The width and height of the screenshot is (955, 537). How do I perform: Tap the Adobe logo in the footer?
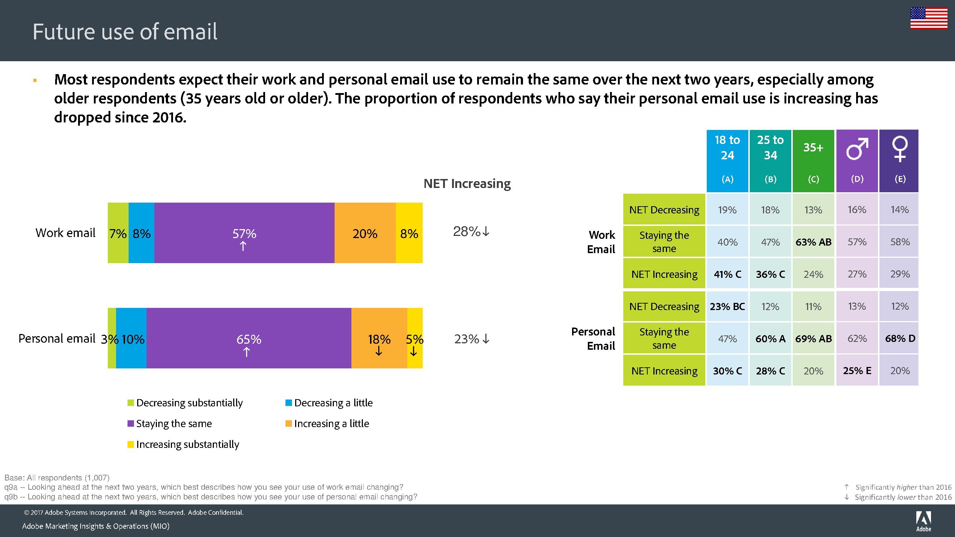[x=923, y=520]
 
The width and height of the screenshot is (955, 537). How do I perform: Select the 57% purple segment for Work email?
[x=244, y=233]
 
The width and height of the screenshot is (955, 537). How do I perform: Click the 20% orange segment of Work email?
[x=365, y=233]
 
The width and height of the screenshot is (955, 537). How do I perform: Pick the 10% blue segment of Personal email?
[x=131, y=338]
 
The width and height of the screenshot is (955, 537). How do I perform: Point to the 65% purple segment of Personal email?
[x=249, y=338]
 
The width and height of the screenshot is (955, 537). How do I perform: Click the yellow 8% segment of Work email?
[x=409, y=233]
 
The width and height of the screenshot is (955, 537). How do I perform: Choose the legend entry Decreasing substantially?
[x=185, y=403]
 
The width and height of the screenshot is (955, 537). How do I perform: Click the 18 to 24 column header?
[x=727, y=161]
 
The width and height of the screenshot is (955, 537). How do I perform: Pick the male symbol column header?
[x=857, y=161]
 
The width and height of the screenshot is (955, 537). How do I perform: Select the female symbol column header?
[x=899, y=161]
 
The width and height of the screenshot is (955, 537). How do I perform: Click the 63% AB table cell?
[x=814, y=242]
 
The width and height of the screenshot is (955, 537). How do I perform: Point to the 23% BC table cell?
[x=727, y=306]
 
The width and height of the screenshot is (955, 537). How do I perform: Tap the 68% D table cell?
[x=900, y=338]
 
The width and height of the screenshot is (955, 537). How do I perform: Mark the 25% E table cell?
[x=857, y=371]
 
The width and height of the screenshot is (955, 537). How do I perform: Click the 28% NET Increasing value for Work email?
[x=471, y=232]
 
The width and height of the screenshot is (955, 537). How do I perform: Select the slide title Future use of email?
[x=125, y=32]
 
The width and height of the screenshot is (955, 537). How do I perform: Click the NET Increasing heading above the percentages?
[x=467, y=183]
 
